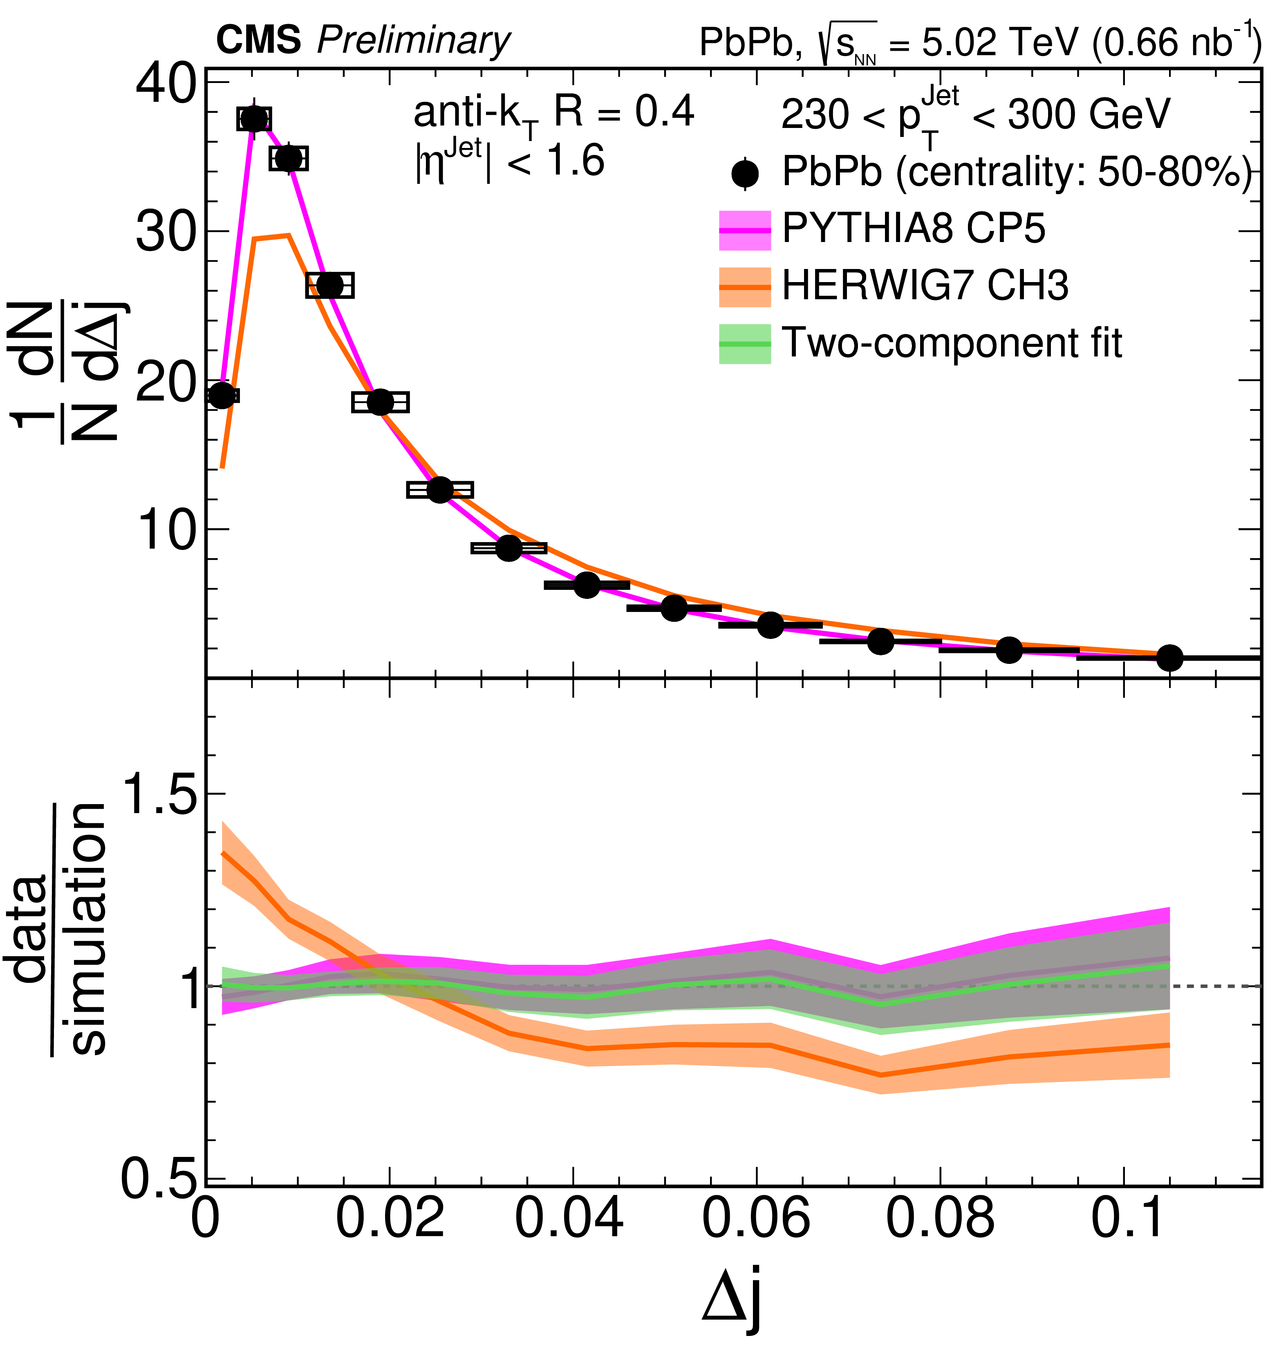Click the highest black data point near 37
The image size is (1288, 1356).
tap(254, 119)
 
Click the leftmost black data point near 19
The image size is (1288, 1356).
tap(221, 395)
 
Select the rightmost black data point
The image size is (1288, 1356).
tap(1169, 657)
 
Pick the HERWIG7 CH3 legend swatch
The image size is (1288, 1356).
tap(745, 287)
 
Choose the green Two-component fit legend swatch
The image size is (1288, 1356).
tap(745, 343)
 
